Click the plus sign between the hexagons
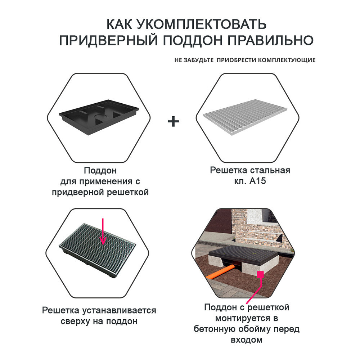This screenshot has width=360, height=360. coord(173,121)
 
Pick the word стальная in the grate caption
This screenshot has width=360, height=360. coord(270,170)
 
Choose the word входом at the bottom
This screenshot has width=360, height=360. coord(247,339)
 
